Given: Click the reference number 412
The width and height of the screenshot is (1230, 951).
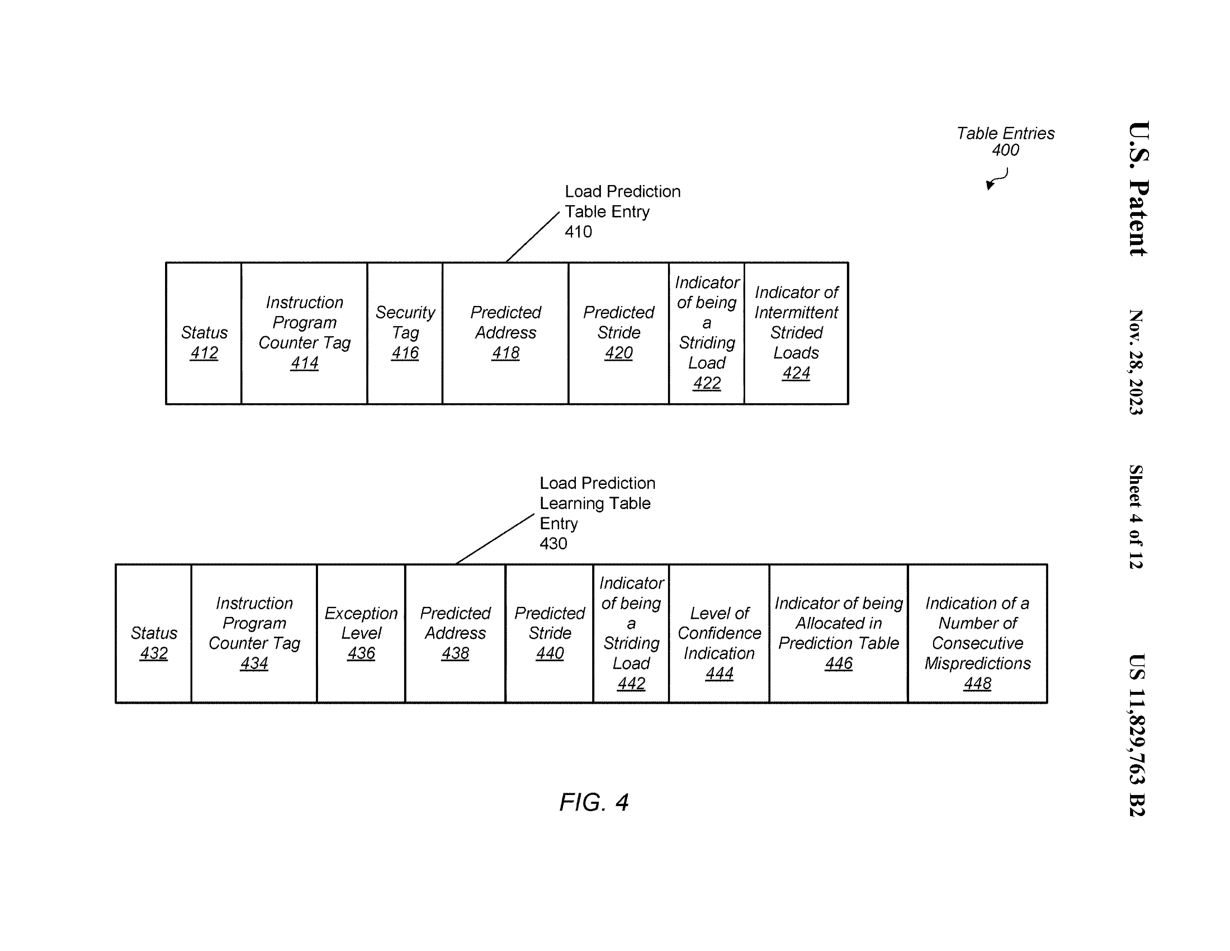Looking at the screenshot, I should click(204, 353).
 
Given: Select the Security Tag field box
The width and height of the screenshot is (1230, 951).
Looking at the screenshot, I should click(405, 333).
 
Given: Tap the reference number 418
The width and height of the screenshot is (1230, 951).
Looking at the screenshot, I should click(505, 353).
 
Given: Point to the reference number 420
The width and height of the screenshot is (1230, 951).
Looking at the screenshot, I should click(618, 353).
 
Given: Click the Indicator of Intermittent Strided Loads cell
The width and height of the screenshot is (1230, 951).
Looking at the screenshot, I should click(796, 333).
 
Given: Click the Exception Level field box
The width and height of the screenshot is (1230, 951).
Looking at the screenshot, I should click(361, 633).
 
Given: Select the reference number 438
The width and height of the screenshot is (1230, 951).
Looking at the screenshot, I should click(455, 654).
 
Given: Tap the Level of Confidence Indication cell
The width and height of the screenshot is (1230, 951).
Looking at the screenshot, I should click(719, 633).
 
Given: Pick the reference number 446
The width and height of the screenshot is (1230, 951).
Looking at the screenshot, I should click(839, 664).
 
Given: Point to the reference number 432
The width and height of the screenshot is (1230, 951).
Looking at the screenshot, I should click(154, 654).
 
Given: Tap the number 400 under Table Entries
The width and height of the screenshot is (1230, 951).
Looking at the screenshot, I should click(1005, 150).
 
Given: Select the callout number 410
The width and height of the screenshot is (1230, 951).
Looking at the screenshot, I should click(578, 232).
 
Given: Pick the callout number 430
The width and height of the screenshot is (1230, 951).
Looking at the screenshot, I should click(553, 544).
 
